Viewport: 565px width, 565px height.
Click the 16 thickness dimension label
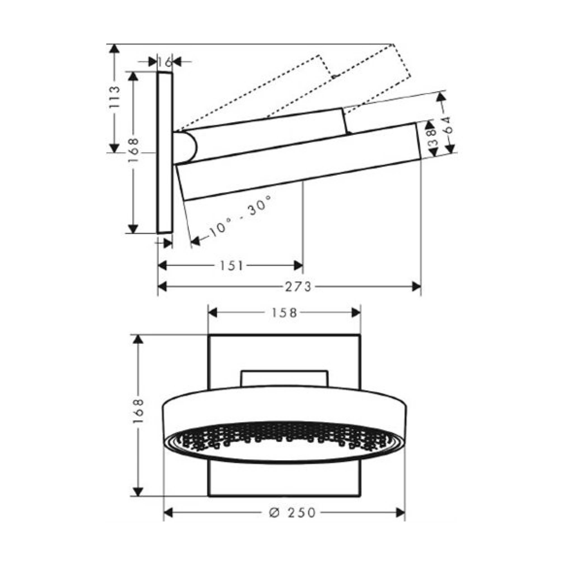click(x=165, y=62)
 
